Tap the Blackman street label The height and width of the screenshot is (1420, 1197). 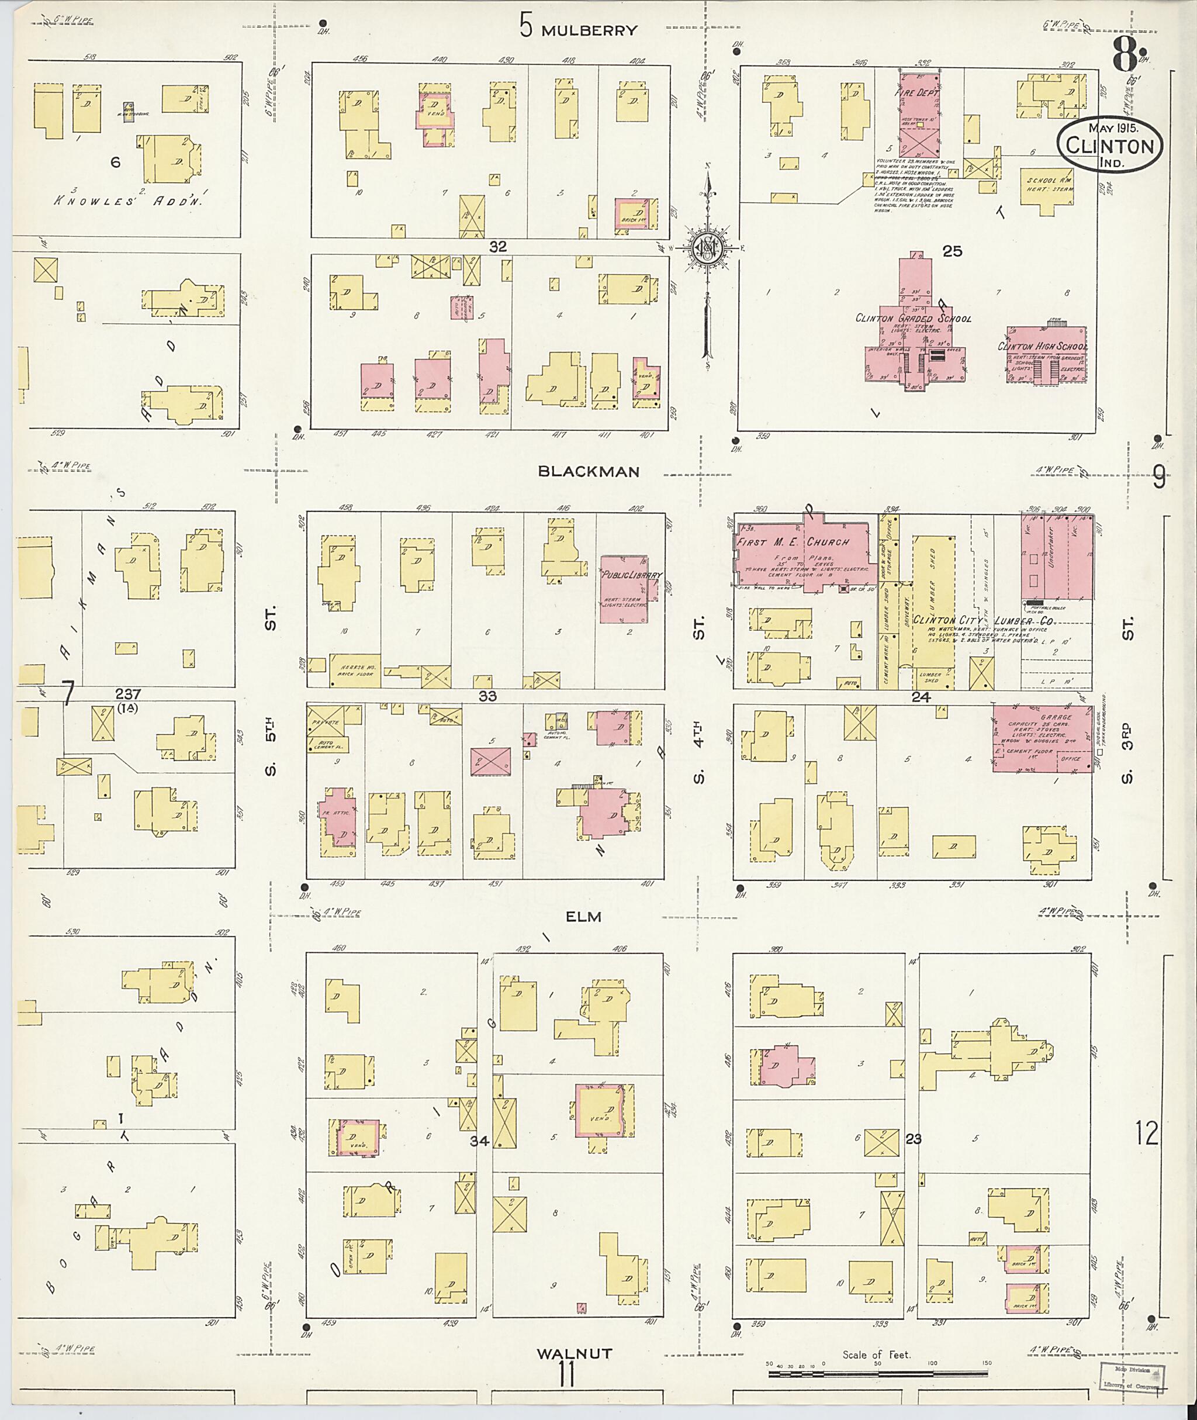tap(589, 472)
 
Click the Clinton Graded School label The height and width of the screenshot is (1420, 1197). tap(913, 319)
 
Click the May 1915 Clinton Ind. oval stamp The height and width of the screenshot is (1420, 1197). tap(1109, 145)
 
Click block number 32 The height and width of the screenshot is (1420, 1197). tap(498, 247)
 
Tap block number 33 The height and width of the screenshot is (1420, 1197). tap(488, 696)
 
